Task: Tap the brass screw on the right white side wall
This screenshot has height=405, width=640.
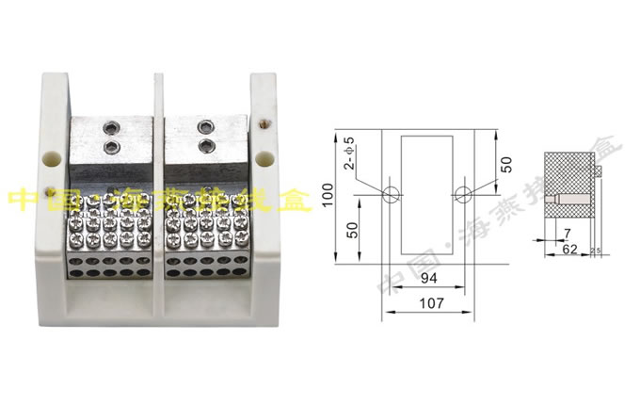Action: [x=270, y=121]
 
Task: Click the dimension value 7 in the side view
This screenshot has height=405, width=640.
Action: [x=567, y=232]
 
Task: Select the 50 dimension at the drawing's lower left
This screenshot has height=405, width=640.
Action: [x=349, y=231]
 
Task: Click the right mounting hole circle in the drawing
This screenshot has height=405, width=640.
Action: [x=462, y=194]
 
